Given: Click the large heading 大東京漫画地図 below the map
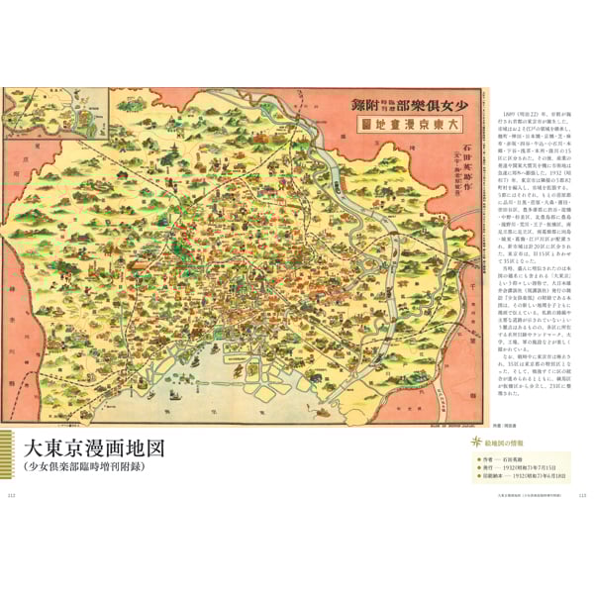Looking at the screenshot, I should point(94,447).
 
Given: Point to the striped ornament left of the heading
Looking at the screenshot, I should point(10,456).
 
